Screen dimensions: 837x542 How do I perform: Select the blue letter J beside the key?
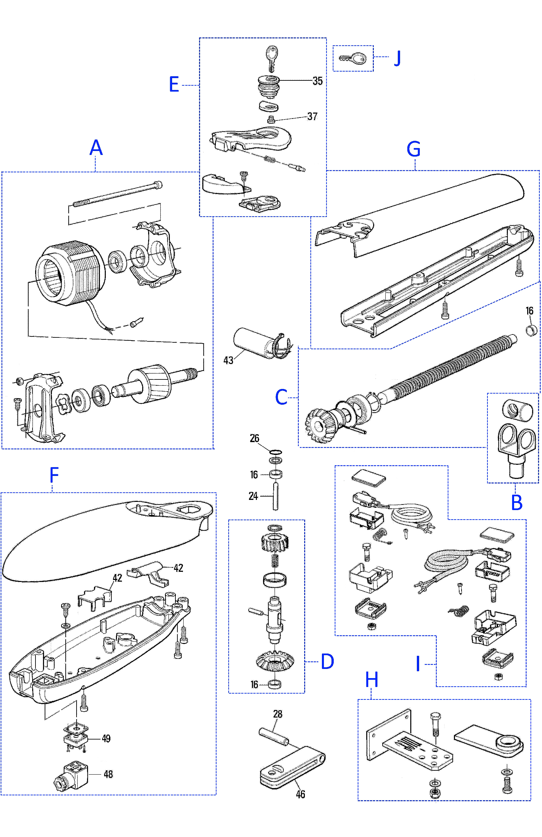point(397,58)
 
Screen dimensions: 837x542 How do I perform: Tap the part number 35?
point(317,81)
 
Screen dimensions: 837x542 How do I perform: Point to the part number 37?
point(312,117)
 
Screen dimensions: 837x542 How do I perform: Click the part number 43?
point(228,360)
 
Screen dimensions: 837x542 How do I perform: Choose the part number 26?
point(254,438)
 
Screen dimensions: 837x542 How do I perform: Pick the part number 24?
point(253,496)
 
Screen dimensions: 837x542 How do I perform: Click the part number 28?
point(277,714)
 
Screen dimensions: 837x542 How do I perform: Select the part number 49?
point(106,739)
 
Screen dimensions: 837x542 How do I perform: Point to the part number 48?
point(108,774)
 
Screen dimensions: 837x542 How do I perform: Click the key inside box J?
point(353,58)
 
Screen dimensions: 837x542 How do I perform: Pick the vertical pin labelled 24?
point(276,497)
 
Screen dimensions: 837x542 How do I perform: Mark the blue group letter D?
point(327,661)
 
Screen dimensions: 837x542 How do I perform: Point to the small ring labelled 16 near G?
point(531,331)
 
